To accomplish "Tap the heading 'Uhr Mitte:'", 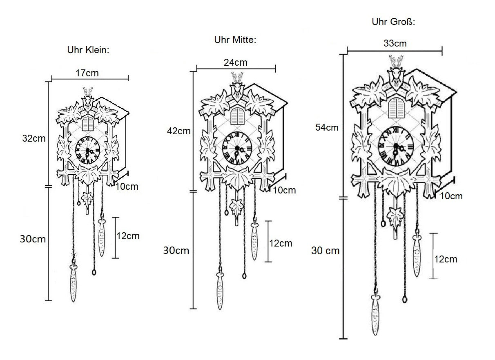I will click(x=235, y=40).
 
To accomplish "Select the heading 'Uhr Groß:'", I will click(x=393, y=22).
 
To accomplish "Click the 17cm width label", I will click(x=87, y=73).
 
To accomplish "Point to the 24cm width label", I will click(x=236, y=62).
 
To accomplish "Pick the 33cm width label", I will click(x=395, y=43).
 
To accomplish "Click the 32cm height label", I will click(x=34, y=138).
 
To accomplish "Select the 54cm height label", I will click(x=327, y=127).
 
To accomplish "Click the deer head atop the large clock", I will click(x=396, y=74).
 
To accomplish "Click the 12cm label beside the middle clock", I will click(x=281, y=243).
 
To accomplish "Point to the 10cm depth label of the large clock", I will click(x=451, y=196).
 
